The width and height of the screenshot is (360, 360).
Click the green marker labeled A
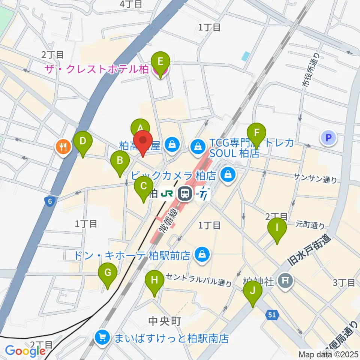tap(140, 127)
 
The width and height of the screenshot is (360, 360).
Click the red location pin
tap(143, 141)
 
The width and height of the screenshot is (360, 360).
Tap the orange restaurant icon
tap(63, 147)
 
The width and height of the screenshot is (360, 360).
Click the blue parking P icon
tap(328, 138)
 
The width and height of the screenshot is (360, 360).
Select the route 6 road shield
tap(50, 202)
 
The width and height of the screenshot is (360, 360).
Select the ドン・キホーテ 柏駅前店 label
tap(132, 255)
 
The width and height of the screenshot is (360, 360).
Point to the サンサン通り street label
tap(315, 179)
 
